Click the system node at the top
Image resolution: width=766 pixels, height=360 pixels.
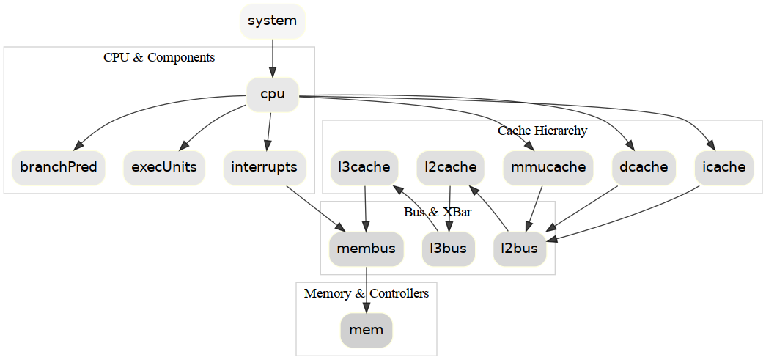(x=272, y=21)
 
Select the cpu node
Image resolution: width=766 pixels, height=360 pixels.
(x=273, y=94)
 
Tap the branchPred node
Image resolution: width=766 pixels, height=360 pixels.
(x=59, y=167)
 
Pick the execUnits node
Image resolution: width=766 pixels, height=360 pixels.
(x=164, y=167)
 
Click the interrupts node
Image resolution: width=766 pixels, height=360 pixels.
(x=264, y=167)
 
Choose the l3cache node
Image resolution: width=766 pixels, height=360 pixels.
(x=364, y=167)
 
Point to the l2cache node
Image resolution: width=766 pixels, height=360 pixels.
(x=451, y=167)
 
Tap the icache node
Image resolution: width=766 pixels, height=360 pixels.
(x=724, y=167)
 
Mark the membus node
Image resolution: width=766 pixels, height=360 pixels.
(x=366, y=249)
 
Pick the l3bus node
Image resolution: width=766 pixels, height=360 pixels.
(x=449, y=249)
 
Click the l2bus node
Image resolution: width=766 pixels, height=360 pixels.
(x=520, y=249)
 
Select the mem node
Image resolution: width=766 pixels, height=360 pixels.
(x=367, y=329)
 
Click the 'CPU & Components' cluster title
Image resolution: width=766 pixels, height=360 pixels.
(x=159, y=57)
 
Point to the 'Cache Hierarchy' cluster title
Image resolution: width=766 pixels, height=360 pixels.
(x=542, y=131)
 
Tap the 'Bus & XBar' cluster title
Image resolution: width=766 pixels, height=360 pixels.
(x=438, y=212)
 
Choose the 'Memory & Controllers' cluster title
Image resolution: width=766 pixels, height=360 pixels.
(x=367, y=293)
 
